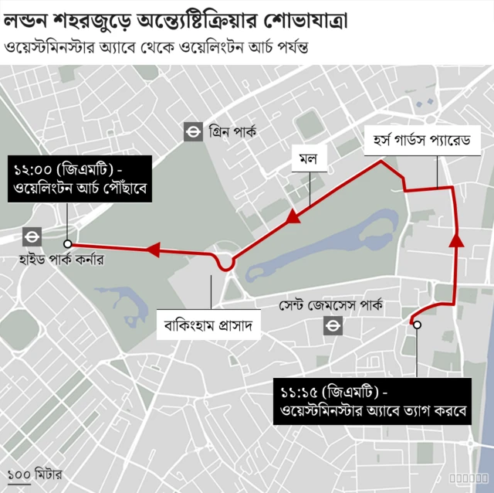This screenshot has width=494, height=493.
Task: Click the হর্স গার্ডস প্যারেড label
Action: (x=421, y=142)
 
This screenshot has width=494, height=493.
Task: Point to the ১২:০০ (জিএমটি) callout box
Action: (x=80, y=178)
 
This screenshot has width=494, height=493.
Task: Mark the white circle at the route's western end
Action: (x=68, y=243)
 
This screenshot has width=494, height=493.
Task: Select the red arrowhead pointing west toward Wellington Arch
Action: (x=152, y=250)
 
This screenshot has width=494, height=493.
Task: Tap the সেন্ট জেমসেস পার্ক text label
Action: (x=331, y=305)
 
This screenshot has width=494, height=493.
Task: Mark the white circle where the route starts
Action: (x=417, y=325)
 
